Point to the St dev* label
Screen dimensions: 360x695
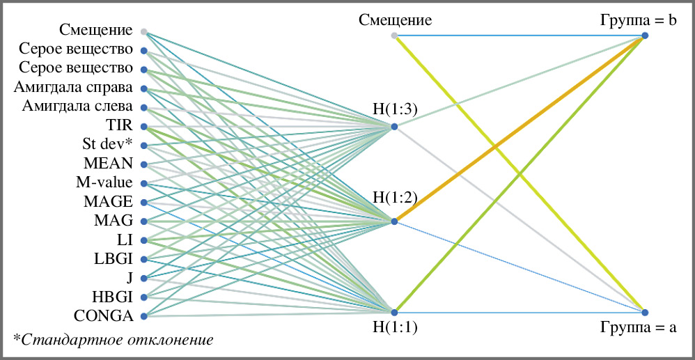107,144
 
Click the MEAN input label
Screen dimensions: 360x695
108,164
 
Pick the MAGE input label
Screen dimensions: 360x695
108,202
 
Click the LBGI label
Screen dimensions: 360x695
113,258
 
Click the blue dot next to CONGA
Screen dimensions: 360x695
143,317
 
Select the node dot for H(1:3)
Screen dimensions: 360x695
394,127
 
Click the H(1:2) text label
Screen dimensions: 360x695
395,197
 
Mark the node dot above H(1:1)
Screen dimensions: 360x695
394,311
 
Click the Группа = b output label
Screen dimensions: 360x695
639,19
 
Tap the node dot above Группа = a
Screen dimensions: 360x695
646,311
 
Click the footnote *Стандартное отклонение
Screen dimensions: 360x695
113,340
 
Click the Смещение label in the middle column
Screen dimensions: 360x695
395,19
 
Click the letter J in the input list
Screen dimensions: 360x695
130,277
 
